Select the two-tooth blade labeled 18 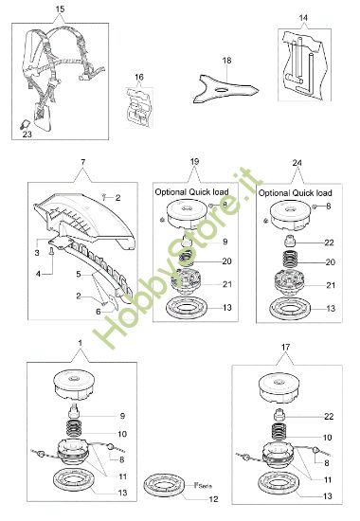tap(226, 85)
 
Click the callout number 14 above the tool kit tap(303, 18)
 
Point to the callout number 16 tap(138, 76)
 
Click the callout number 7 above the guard tap(82, 165)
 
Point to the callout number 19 tap(194, 164)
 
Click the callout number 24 tap(298, 164)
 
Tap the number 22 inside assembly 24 tap(328, 243)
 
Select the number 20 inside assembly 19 tap(225, 261)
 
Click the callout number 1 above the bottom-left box tap(81, 341)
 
